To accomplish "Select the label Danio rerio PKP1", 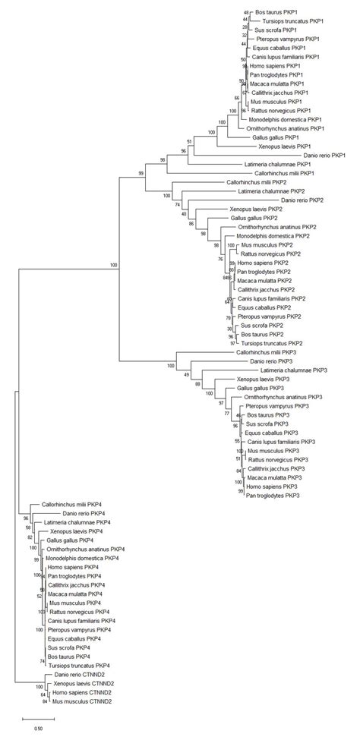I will click(323, 155).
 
